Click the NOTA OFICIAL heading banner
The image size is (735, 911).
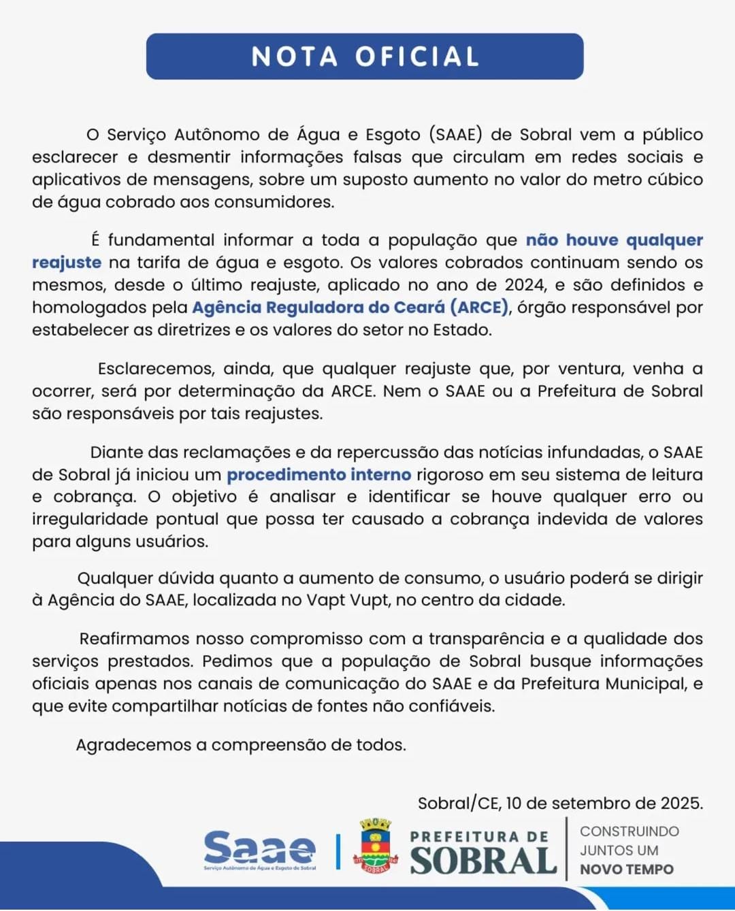[x=365, y=56]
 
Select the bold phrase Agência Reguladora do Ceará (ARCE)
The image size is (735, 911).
[x=350, y=308]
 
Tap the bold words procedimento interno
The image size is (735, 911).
[x=318, y=474]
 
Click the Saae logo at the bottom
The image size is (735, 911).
[x=260, y=849]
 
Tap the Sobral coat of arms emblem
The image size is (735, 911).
[x=375, y=846]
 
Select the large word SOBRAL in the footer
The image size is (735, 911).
[x=483, y=861]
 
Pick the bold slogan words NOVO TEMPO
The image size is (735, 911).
[x=626, y=869]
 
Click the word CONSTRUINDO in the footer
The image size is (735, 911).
[x=629, y=831]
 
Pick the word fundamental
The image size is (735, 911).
[x=161, y=240]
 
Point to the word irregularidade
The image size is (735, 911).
[x=91, y=519]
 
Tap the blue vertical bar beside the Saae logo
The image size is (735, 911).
[x=338, y=851]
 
